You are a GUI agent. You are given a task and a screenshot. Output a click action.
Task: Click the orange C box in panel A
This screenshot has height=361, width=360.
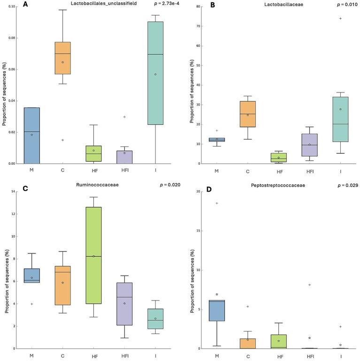[x=62, y=58]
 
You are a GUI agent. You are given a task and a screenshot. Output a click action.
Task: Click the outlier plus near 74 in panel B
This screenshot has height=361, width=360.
[x=340, y=18]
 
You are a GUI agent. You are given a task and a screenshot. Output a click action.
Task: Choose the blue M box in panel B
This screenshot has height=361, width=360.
[x=217, y=139]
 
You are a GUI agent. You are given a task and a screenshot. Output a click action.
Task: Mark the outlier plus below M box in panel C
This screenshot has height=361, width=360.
[x=31, y=304]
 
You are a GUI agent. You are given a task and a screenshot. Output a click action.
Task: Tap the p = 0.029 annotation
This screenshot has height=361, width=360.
[x=348, y=185]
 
